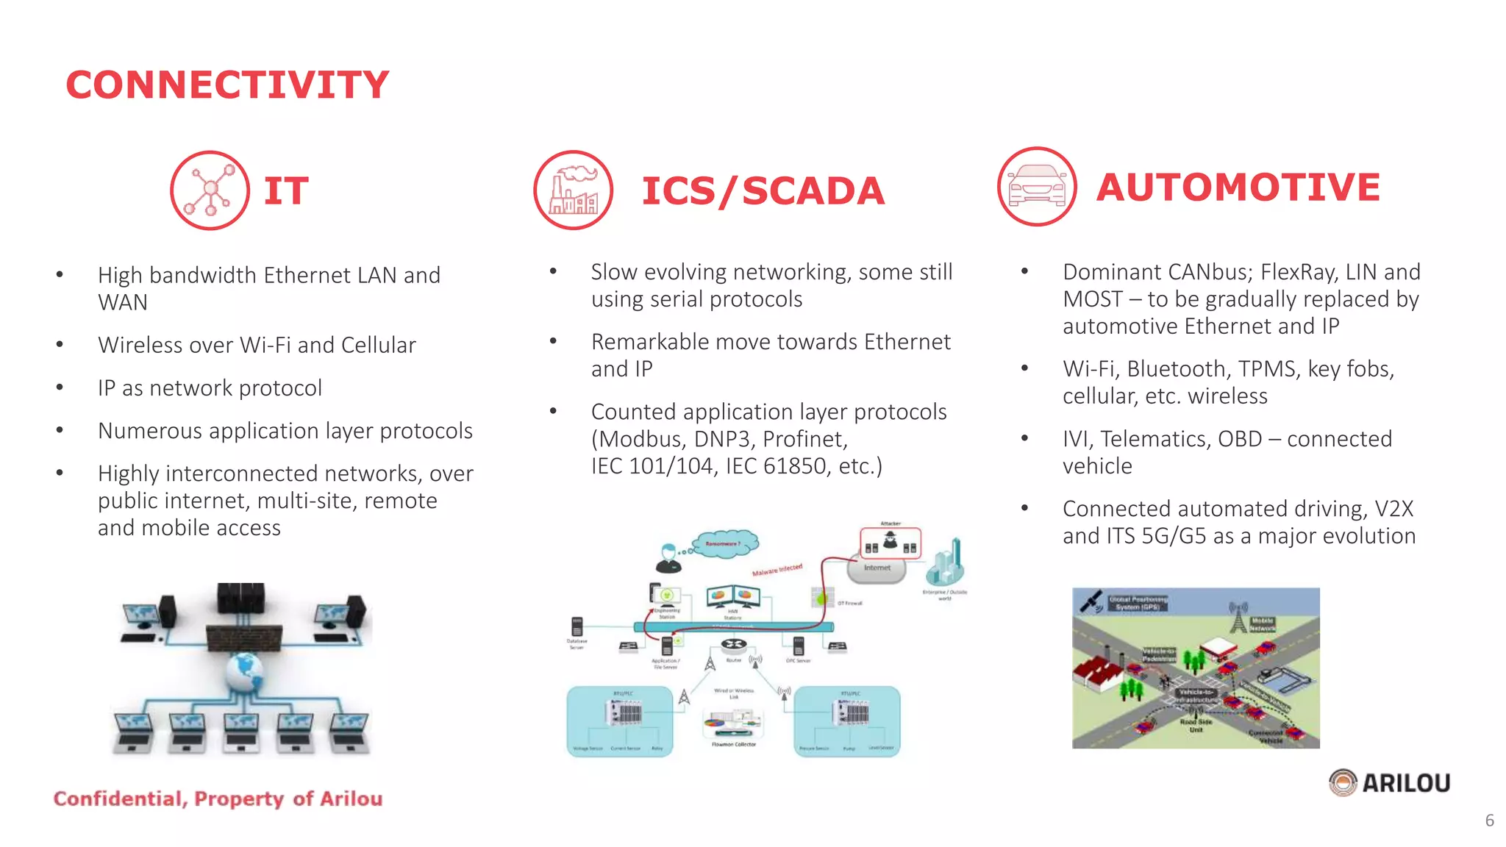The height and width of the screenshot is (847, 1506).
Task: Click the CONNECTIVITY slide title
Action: [x=227, y=85]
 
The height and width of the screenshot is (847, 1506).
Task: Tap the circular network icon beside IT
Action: [x=210, y=190]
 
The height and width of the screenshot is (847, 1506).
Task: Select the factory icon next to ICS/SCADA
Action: [x=574, y=190]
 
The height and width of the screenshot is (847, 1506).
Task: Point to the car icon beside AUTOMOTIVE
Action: [x=1037, y=187]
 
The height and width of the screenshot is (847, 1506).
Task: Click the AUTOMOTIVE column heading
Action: [x=1238, y=187]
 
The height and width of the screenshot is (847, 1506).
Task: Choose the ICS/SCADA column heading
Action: [x=763, y=191]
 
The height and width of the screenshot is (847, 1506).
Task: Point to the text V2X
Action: [x=1393, y=509]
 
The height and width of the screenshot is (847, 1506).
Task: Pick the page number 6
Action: [x=1489, y=821]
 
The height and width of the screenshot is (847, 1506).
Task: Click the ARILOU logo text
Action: [x=1406, y=783]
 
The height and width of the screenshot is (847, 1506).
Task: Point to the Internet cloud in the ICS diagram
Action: [x=877, y=568]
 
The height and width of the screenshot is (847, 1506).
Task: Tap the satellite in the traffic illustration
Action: [x=1091, y=601]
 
